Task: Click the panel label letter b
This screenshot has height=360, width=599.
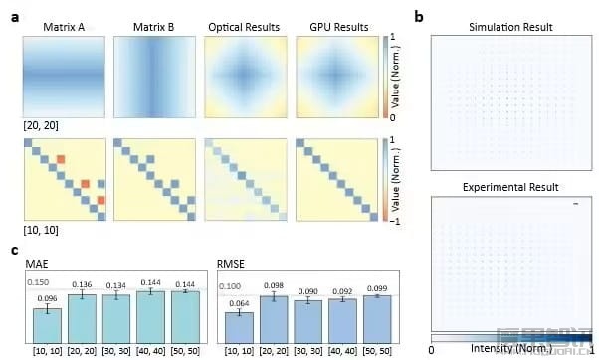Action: tap(419, 17)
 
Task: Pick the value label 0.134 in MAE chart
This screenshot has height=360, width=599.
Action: tap(118, 286)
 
